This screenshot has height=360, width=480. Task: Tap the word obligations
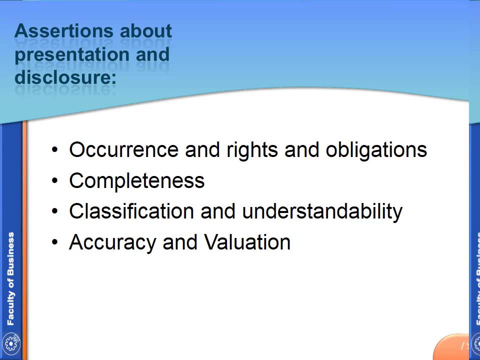(376, 150)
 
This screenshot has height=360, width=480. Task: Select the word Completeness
(136, 181)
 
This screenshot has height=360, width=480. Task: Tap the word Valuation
(247, 242)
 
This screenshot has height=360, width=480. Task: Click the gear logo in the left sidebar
(10, 343)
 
